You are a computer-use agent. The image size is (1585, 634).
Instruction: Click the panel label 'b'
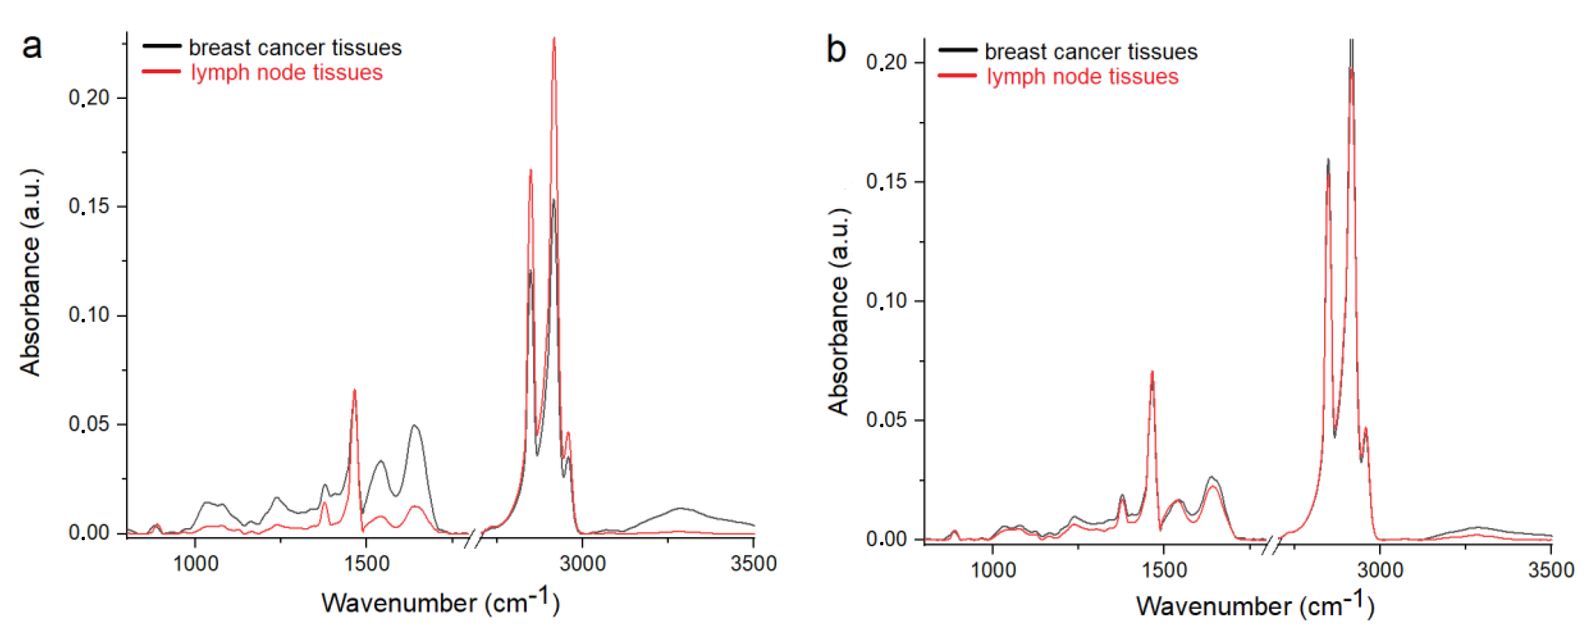[x=836, y=49]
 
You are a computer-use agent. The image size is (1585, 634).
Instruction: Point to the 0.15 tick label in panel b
[x=887, y=182]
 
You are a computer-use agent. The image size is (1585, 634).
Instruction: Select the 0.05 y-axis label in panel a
[x=89, y=424]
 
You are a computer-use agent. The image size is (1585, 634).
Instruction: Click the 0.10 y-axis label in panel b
[x=887, y=301]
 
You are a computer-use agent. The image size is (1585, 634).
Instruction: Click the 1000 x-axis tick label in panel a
[x=196, y=563]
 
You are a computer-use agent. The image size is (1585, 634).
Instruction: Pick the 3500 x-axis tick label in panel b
[x=1550, y=569]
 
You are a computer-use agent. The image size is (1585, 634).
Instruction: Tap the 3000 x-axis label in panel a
[x=582, y=563]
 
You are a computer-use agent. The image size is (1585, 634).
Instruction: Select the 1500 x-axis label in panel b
[x=1163, y=569]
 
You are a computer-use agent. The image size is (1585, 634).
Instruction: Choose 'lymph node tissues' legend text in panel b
[x=1082, y=77]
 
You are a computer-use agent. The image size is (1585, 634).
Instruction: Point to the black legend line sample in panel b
[x=957, y=50]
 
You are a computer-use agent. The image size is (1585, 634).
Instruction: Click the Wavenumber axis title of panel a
[x=440, y=602]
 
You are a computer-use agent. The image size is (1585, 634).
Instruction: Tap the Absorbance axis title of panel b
[x=839, y=311]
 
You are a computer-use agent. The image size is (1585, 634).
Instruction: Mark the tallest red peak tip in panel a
[x=554, y=39]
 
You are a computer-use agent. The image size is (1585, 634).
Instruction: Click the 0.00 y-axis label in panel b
[x=887, y=539]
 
